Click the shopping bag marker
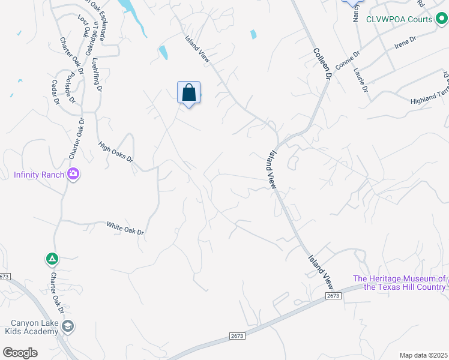(188, 93)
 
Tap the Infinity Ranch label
(38, 175)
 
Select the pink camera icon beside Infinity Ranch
(74, 175)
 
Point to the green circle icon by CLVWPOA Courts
(441, 19)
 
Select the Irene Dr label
(405, 41)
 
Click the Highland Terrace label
(429, 95)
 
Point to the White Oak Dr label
(125, 227)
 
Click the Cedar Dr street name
(56, 92)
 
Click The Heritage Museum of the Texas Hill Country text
(399, 283)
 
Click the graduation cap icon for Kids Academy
(68, 326)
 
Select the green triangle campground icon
(52, 259)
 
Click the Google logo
(20, 353)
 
